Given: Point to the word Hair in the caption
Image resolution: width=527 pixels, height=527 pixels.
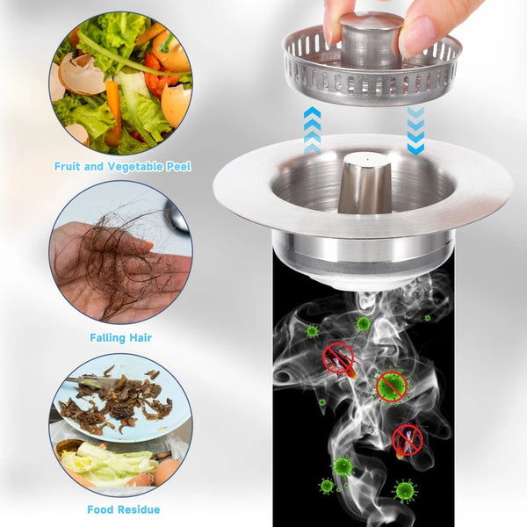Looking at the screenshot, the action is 141,338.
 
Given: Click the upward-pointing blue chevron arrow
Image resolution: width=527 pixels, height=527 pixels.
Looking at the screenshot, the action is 312,130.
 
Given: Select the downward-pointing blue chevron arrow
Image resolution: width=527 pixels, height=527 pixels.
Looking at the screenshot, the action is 415,131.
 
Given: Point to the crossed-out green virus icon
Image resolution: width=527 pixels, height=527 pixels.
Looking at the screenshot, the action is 392,386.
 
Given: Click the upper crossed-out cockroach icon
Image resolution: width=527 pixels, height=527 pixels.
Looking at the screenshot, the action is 339,359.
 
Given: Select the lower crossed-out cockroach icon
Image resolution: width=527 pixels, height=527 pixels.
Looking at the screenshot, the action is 408,440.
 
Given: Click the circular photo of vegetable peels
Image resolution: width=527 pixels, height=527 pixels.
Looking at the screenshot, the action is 120,83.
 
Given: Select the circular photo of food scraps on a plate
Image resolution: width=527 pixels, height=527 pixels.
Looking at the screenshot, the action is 120,425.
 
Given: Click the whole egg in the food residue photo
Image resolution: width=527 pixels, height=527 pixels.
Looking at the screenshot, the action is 167,471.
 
